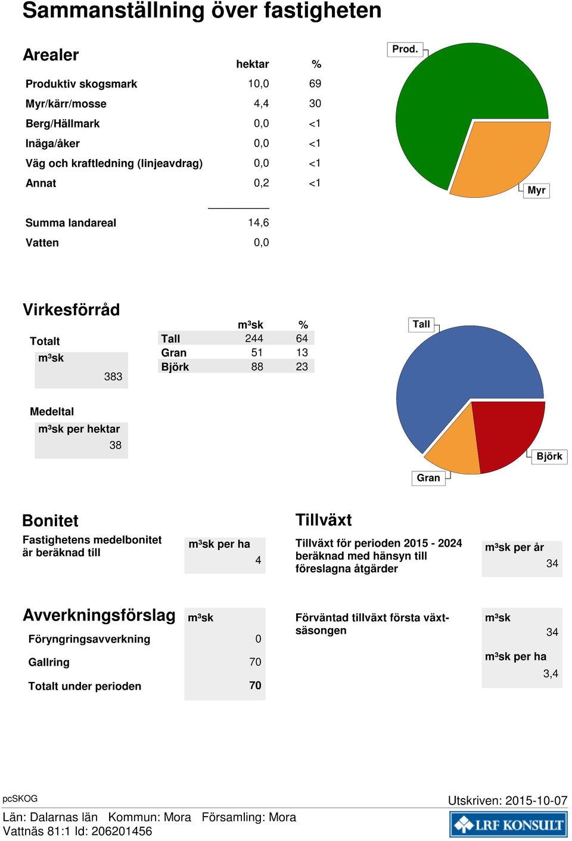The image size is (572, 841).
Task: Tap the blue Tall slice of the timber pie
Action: click(x=450, y=375)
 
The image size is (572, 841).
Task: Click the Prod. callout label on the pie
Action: click(x=405, y=49)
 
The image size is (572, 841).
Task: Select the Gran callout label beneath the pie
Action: click(x=428, y=478)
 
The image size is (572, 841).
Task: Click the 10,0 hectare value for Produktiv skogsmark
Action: click(x=258, y=83)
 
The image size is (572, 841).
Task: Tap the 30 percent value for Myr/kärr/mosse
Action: click(x=315, y=103)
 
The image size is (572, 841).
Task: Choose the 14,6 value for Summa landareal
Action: click(x=258, y=223)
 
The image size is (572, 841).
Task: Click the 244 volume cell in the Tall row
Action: click(x=254, y=339)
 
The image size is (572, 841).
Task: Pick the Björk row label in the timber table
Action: click(x=175, y=367)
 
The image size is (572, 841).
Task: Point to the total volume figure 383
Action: click(x=113, y=376)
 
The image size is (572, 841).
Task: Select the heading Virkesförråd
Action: click(x=71, y=310)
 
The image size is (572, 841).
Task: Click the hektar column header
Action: click(x=252, y=64)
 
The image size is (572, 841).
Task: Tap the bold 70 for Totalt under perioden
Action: click(x=255, y=685)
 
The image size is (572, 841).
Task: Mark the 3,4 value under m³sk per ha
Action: click(x=551, y=674)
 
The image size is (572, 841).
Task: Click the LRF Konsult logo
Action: click(x=509, y=824)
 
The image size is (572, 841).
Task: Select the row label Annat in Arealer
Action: click(x=41, y=183)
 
